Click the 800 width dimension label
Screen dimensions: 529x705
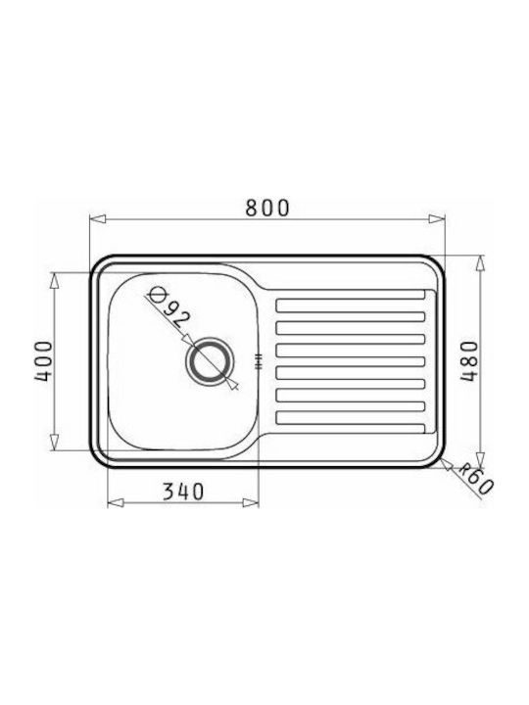click(x=267, y=208)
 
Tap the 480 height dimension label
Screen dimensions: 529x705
click(x=468, y=361)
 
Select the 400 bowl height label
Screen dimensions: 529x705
click(x=44, y=361)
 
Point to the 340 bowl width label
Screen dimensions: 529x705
click(x=183, y=492)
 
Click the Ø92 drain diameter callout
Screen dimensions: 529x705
click(x=169, y=307)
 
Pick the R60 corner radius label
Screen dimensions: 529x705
click(x=475, y=480)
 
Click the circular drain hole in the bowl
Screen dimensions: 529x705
click(x=210, y=361)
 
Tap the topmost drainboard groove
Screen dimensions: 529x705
click(x=351, y=305)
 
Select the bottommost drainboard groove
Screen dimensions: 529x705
click(x=351, y=418)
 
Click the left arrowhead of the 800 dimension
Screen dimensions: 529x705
click(x=98, y=219)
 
